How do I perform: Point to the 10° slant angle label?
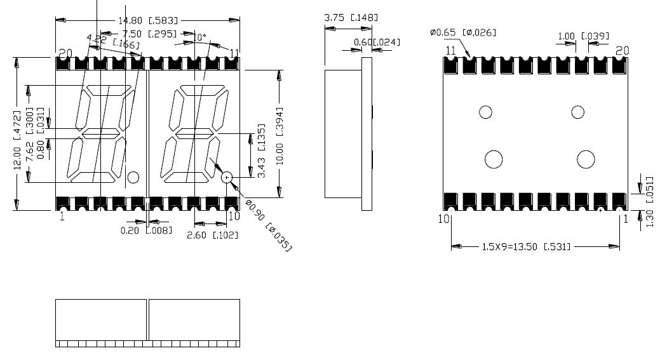coord(199,38)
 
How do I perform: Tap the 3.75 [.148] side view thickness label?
coord(351,18)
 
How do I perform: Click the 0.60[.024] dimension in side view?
coord(377,43)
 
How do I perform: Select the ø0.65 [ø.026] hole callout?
coord(463,32)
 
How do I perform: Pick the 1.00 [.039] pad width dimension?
coord(583,36)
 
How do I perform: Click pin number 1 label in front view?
coord(62,217)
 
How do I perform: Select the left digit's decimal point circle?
coord(133,178)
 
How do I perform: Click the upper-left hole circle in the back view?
coord(485,112)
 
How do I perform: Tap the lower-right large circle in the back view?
coord(585,159)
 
